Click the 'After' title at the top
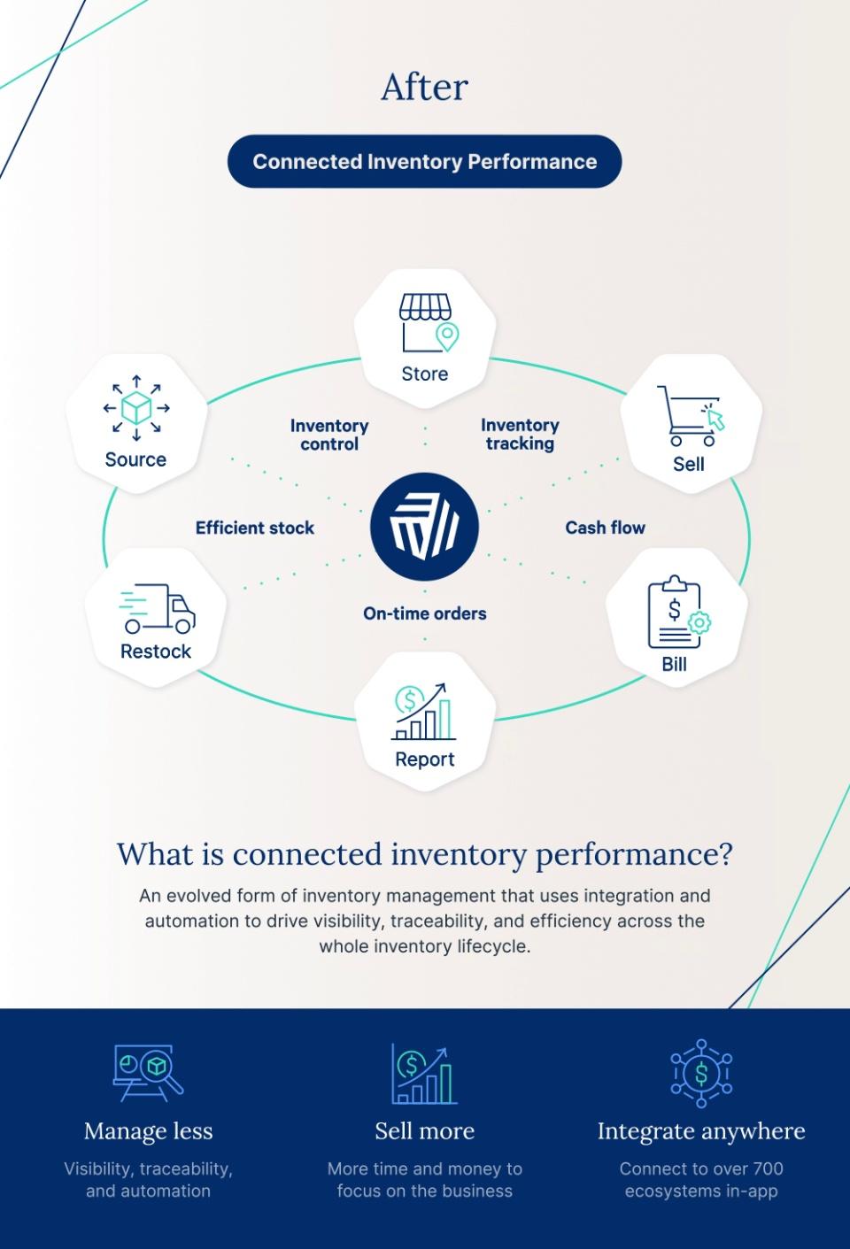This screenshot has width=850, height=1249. [424, 87]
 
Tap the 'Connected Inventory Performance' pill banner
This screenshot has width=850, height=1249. [424, 161]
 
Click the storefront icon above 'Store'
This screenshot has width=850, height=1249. [426, 324]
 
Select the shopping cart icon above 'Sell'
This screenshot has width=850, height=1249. [689, 415]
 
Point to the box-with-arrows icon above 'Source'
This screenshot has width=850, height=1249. [135, 408]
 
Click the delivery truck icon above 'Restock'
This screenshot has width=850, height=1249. [157, 609]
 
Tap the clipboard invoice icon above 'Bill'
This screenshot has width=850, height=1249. [677, 612]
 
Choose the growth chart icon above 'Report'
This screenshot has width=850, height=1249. [424, 712]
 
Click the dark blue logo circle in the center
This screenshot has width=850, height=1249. [424, 527]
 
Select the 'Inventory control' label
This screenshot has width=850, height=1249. [329, 435]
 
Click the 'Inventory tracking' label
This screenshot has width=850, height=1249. [520, 435]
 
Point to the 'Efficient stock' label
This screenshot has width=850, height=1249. [255, 528]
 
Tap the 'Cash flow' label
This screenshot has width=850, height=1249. [605, 528]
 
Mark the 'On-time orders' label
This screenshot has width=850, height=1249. [424, 613]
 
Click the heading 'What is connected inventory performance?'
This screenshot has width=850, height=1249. [424, 854]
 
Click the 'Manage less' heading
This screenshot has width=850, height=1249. [148, 1131]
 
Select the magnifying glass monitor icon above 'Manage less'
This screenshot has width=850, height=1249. [148, 1072]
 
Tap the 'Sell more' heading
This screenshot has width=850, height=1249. [424, 1131]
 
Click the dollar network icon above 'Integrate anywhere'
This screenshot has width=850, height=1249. [701, 1074]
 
